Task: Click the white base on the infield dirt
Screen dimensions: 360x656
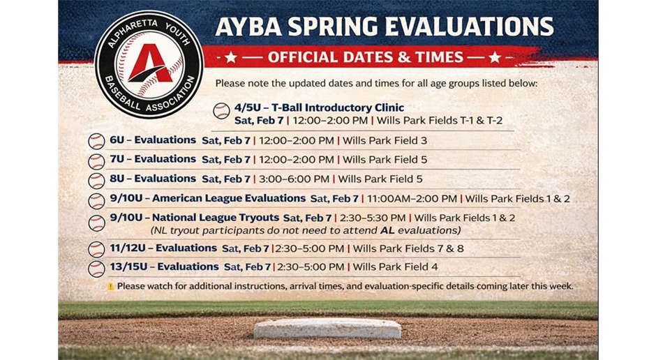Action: pyautogui.click(x=327, y=329)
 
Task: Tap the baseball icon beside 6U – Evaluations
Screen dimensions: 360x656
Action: pyautogui.click(x=96, y=141)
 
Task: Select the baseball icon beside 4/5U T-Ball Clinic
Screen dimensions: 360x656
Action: pyautogui.click(x=221, y=111)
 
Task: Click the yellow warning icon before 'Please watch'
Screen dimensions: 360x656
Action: pyautogui.click(x=110, y=287)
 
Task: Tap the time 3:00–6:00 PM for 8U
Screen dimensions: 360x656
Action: pyautogui.click(x=293, y=179)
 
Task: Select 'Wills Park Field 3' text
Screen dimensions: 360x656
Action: pyautogui.click(x=385, y=140)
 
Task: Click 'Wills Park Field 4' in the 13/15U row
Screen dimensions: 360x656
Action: pyautogui.click(x=395, y=267)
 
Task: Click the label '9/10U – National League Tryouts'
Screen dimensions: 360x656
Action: pyautogui.click(x=194, y=218)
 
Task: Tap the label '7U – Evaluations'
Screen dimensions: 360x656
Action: pyautogui.click(x=153, y=159)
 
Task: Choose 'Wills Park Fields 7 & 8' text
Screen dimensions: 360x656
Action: pyautogui.click(x=408, y=248)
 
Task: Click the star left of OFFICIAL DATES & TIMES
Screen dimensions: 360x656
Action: pyautogui.click(x=231, y=57)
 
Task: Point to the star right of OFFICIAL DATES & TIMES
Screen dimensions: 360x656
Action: pyautogui.click(x=494, y=57)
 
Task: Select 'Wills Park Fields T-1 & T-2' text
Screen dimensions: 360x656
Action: pyautogui.click(x=439, y=121)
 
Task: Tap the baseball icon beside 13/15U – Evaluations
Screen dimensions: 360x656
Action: pyautogui.click(x=96, y=269)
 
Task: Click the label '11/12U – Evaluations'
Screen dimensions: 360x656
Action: pyautogui.click(x=163, y=248)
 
